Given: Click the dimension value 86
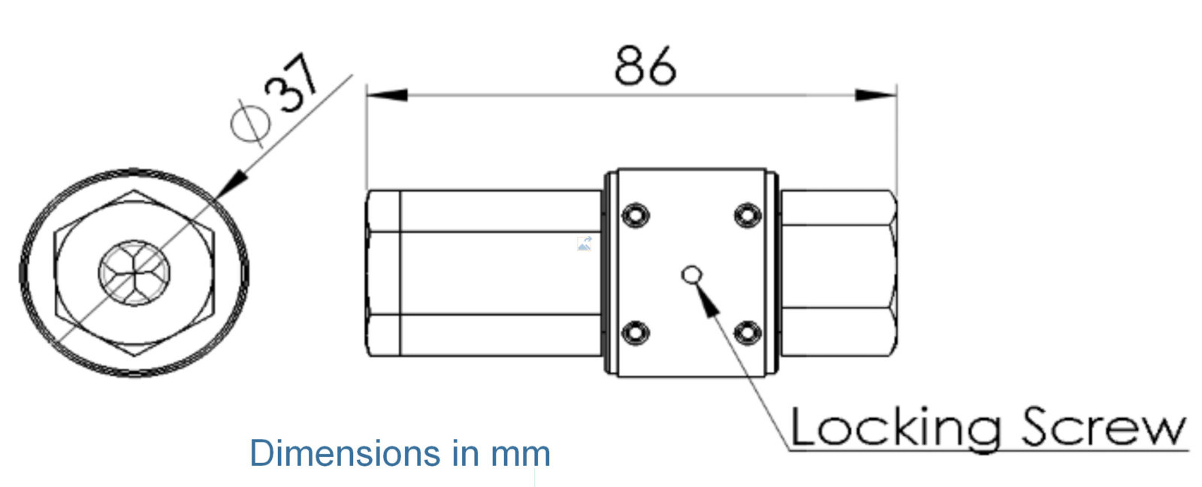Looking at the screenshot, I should click(645, 65).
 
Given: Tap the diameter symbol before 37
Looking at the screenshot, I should click(251, 121).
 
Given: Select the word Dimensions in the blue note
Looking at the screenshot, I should click(345, 453).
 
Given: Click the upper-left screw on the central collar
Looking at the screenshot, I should click(636, 215).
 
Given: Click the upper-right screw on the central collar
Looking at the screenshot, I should click(747, 215).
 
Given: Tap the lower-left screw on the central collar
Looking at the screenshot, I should click(636, 331).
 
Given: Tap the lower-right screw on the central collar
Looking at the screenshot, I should click(747, 331).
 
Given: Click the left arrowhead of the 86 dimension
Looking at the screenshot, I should click(387, 95).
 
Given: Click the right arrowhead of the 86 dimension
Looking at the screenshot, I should click(875, 95).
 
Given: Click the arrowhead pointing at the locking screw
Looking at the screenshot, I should click(707, 298).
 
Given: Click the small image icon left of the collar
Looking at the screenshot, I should click(584, 243).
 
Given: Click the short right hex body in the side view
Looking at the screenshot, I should click(838, 273).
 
